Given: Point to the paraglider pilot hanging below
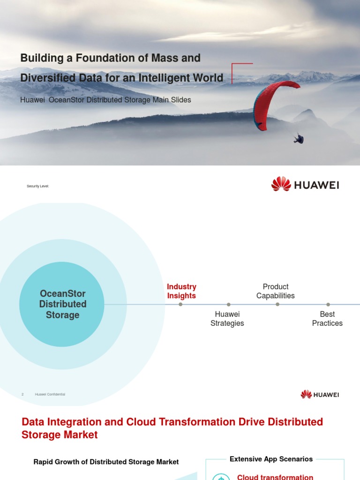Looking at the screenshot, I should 298,138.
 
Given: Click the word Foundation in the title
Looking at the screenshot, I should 115,58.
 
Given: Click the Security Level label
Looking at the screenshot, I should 38,187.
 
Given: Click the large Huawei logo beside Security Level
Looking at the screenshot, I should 305,184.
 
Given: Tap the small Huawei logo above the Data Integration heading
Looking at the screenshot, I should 320,394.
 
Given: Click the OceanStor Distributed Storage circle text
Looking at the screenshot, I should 63,304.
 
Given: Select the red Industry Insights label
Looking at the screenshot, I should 181,291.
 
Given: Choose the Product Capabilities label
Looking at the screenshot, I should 276,291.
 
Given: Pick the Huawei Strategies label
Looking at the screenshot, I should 227,319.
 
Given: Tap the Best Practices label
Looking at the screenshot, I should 327,319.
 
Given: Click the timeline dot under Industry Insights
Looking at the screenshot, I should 180,304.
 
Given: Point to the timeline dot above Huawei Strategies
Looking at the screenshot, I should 228,304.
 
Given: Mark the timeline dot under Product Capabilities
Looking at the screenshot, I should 277,304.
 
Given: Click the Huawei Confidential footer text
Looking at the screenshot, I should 50,394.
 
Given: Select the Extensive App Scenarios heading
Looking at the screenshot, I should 271,459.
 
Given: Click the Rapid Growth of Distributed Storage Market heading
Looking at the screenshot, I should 106,462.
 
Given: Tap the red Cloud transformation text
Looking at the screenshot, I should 275,477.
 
